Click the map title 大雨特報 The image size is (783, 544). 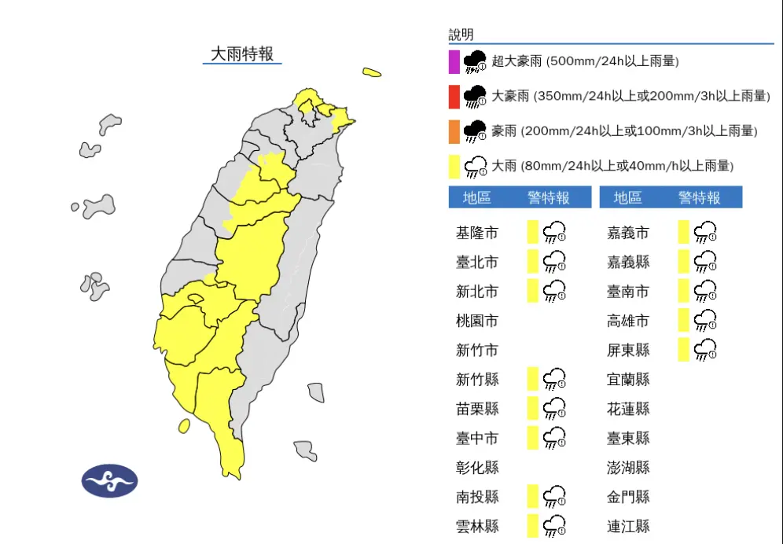[242, 53]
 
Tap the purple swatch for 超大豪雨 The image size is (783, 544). [454, 61]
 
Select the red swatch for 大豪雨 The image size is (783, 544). [454, 97]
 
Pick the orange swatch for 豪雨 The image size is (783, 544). [454, 131]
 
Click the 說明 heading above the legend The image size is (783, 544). [461, 35]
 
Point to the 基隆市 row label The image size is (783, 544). [476, 233]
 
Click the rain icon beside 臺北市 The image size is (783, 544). [555, 261]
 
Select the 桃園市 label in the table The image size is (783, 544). [476, 321]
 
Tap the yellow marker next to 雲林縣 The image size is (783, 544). [532, 525]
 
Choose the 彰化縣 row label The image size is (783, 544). [476, 468]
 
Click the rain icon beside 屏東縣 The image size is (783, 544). [705, 349]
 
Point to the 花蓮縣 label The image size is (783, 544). [628, 409]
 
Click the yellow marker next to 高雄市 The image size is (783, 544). [683, 320]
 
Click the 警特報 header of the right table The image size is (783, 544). [699, 197]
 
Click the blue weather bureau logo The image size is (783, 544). [109, 480]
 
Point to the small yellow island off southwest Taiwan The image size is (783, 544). [184, 426]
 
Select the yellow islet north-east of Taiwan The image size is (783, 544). [372, 73]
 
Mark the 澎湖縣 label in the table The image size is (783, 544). [628, 468]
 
